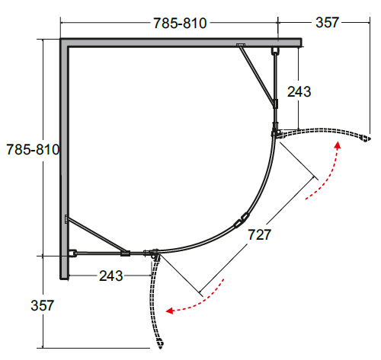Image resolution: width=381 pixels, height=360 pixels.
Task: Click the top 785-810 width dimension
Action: [180, 23]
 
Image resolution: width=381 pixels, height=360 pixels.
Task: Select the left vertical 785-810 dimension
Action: [33, 149]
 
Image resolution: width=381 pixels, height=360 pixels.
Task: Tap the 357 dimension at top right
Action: [327, 22]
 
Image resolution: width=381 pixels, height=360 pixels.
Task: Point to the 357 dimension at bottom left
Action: [43, 305]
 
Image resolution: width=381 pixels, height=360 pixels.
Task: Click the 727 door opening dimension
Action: [259, 234]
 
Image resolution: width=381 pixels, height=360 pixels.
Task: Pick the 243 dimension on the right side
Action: [299, 91]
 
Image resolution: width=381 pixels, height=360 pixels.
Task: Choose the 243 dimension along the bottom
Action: [111, 276]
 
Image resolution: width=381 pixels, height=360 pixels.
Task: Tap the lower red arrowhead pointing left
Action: [169, 311]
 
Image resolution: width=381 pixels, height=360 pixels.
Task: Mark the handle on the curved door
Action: [242, 220]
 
